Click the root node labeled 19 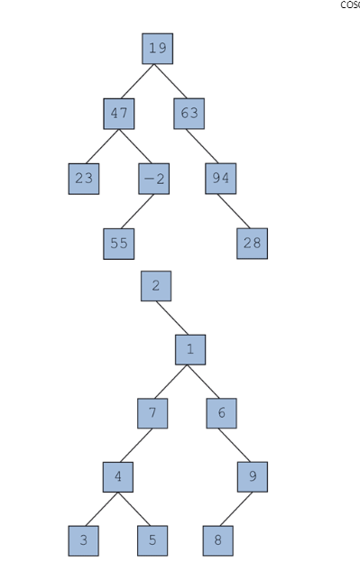coord(157,49)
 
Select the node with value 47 coord(118,114)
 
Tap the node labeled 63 coord(189,114)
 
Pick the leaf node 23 coord(84,179)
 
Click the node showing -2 coord(153,179)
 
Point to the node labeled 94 coord(220,179)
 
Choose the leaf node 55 coord(118,244)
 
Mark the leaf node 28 coord(252,244)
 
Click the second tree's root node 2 coord(155,286)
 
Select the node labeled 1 coord(189,349)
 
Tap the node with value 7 coord(152,413)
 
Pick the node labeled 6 coord(221,413)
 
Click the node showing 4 coord(117,476)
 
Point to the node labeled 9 coord(253,476)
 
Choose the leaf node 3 coord(84,540)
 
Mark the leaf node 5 coord(152,540)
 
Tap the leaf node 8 coord(218,540)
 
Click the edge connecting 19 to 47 coord(138,81)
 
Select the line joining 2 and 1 coord(172,318)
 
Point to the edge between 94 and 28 coord(236,211)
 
